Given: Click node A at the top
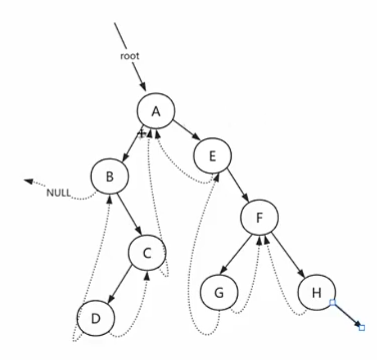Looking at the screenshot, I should click(x=156, y=111).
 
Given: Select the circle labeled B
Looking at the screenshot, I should click(x=110, y=177).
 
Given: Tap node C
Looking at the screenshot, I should click(x=147, y=254).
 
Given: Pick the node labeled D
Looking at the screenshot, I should click(x=96, y=319).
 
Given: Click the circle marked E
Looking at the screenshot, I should click(x=212, y=156).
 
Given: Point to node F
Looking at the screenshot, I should click(x=259, y=218).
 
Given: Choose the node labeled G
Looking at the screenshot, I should click(x=218, y=294).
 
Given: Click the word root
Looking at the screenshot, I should click(x=129, y=56).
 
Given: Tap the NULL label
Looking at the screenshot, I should click(x=59, y=193).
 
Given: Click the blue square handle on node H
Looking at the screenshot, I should click(x=333, y=303).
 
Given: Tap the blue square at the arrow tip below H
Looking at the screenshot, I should click(x=361, y=327).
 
